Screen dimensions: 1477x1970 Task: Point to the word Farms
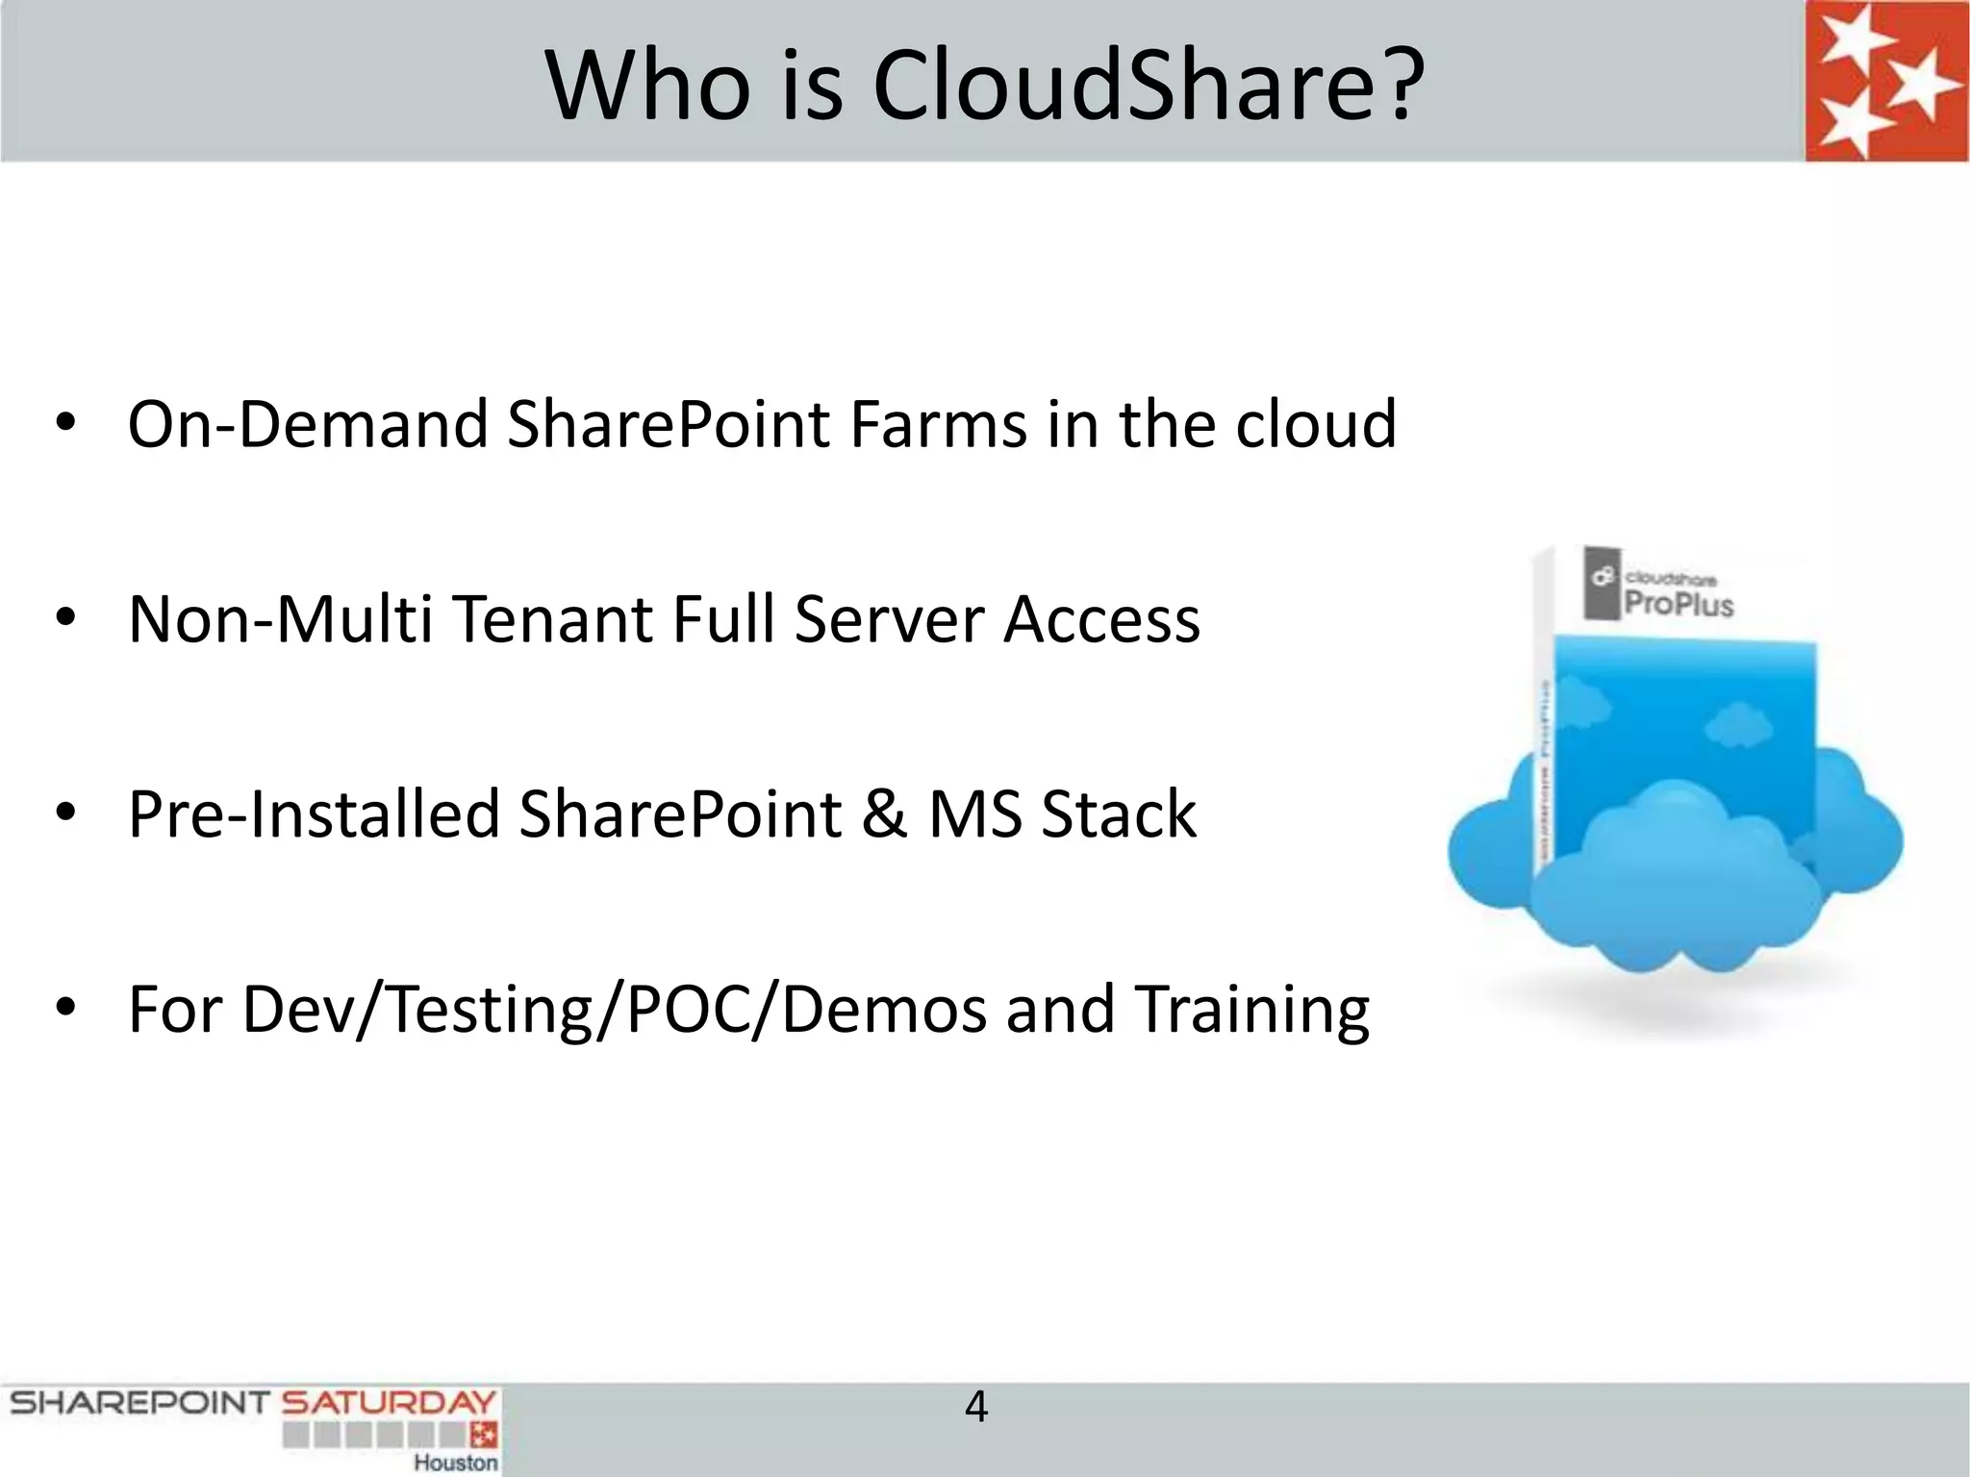click(x=938, y=424)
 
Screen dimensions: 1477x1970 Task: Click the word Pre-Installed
click(x=314, y=814)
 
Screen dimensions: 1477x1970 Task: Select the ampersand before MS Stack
click(x=884, y=814)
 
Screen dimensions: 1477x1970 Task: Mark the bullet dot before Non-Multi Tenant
click(x=65, y=618)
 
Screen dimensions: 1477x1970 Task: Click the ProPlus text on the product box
click(x=1679, y=604)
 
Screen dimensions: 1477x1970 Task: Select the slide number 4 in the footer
click(x=975, y=1408)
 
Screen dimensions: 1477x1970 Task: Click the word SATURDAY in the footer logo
click(x=388, y=1403)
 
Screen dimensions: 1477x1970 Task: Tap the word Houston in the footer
click(x=456, y=1463)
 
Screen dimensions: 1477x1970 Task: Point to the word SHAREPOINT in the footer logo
click(x=139, y=1403)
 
